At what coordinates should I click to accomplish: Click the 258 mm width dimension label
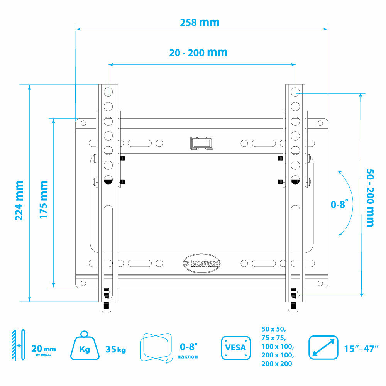[200, 22]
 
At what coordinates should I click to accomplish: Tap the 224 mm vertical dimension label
[19, 200]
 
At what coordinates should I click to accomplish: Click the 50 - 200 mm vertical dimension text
[370, 197]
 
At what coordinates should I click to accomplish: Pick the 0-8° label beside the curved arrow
[339, 204]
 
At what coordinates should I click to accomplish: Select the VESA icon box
[235, 347]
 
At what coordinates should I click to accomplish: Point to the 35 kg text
[116, 350]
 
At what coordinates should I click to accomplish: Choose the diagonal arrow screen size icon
[323, 347]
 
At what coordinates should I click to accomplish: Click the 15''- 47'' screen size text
[361, 349]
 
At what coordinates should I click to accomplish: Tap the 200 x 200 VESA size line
[277, 364]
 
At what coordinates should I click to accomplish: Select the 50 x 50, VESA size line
[273, 329]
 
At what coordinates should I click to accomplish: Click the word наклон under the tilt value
[188, 356]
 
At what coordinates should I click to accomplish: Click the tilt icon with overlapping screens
[156, 347]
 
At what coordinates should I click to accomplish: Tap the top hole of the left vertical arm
[108, 91]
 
